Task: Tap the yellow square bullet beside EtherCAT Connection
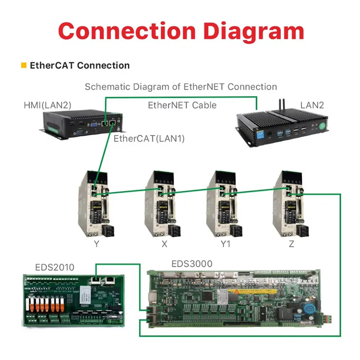tap(24, 65)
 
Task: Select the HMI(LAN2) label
tap(47, 106)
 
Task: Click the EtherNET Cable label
tap(182, 106)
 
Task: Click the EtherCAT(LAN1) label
tap(149, 139)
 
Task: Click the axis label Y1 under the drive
tap(226, 244)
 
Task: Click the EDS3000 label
tap(192, 264)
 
